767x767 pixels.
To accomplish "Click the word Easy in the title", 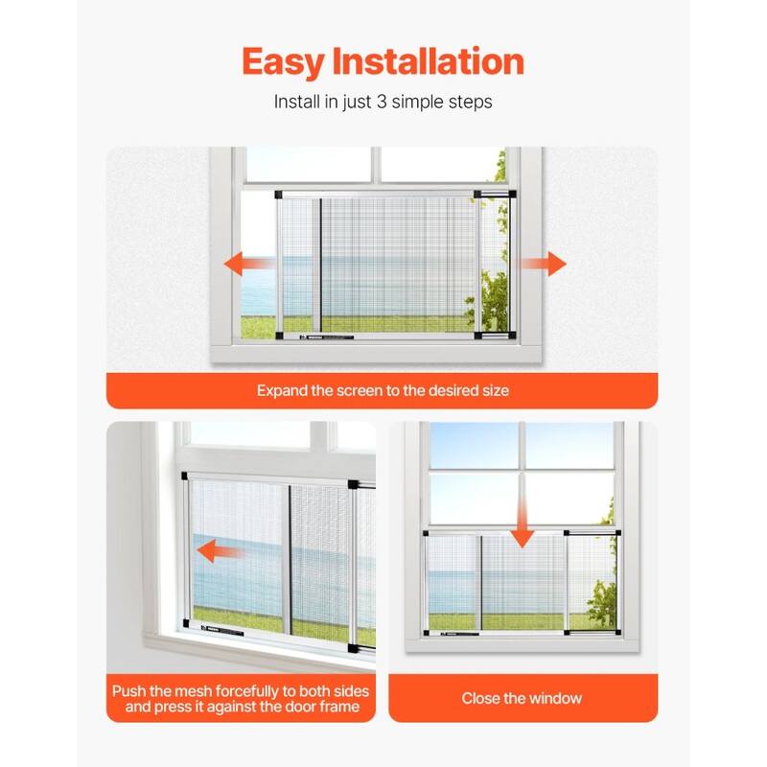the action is coord(283,62).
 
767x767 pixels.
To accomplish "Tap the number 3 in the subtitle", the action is coord(382,102).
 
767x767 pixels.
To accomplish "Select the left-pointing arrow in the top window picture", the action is coord(249,264).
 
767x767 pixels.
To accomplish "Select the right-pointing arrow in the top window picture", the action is coord(542,264).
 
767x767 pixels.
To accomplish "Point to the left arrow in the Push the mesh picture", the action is coord(221,551).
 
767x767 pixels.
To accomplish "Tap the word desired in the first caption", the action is coord(453,390).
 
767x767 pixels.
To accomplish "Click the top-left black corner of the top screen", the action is coord(278,195).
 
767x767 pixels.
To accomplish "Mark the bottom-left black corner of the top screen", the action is coord(279,336).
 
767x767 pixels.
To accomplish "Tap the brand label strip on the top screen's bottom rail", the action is coord(326,337).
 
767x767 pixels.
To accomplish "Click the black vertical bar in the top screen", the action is coord(320,266).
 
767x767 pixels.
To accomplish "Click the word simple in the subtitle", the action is coord(417,103).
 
